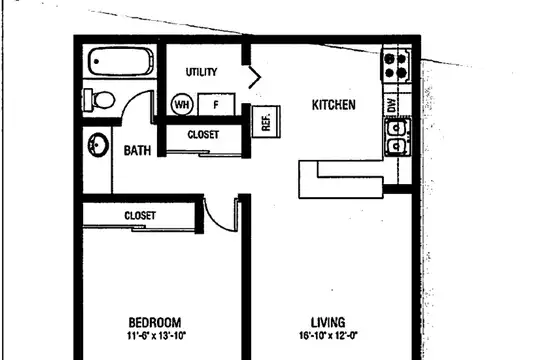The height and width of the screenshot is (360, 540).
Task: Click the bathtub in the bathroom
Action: (x=121, y=62)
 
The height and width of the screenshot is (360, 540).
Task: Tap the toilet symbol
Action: (x=99, y=100)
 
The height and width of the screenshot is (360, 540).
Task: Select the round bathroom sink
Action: (x=98, y=145)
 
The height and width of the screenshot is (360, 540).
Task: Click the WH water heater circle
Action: (x=182, y=104)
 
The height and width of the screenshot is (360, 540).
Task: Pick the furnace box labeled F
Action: (x=216, y=104)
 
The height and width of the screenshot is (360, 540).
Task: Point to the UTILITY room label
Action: (x=201, y=72)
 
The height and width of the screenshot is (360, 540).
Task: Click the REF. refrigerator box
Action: (x=266, y=122)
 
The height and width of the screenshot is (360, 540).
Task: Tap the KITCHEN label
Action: (x=333, y=105)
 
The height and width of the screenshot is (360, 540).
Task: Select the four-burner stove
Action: (x=396, y=65)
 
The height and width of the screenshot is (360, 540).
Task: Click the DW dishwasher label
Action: (x=392, y=105)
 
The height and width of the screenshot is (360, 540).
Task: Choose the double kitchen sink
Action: (x=397, y=137)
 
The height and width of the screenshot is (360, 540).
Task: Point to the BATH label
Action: (x=137, y=151)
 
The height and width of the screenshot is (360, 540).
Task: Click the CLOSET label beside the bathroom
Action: (x=203, y=134)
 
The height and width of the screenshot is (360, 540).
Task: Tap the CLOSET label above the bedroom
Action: (x=140, y=216)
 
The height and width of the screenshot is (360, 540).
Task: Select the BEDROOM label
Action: (x=155, y=322)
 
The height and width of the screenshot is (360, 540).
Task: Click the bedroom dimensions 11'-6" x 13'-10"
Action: (x=156, y=336)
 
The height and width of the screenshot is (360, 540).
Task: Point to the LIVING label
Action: (x=328, y=322)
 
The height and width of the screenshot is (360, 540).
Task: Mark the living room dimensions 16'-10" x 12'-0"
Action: (x=328, y=336)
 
